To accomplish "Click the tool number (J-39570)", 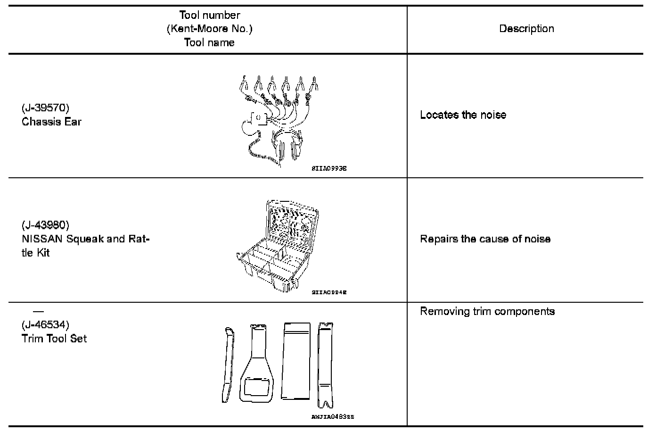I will coord(45,108).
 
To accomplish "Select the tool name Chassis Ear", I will coord(51,122).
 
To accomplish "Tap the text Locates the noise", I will coord(463,115).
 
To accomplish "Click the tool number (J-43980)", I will coord(45,224).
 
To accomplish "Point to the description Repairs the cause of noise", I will coord(485,239).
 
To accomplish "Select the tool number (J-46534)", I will coord(45,325).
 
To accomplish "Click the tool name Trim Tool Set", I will coord(54,339).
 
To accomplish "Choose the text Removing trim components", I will coord(487,312).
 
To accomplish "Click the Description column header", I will coord(526,29).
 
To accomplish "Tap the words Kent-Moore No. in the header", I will coord(209,29).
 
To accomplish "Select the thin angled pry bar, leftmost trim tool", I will coord(228,364).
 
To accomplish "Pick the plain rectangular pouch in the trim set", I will coord(296,361).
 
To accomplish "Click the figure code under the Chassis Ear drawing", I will coord(329,168).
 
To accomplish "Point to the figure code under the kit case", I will coord(329,292).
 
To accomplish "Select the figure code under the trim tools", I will coord(332,417).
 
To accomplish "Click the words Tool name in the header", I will coord(209,42).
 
